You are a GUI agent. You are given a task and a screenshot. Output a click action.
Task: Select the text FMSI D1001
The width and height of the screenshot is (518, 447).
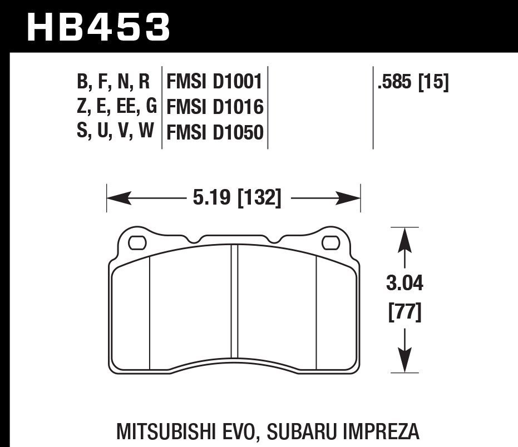[x=214, y=83]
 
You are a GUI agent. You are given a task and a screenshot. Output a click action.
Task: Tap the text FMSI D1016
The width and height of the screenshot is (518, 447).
[x=214, y=107]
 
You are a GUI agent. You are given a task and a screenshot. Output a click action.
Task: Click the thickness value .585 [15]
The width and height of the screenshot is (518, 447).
[x=412, y=83]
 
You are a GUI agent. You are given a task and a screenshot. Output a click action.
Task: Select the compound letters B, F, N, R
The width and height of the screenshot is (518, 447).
[x=114, y=83]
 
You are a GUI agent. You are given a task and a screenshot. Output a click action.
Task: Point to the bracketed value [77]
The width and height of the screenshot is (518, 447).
[x=404, y=312]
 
